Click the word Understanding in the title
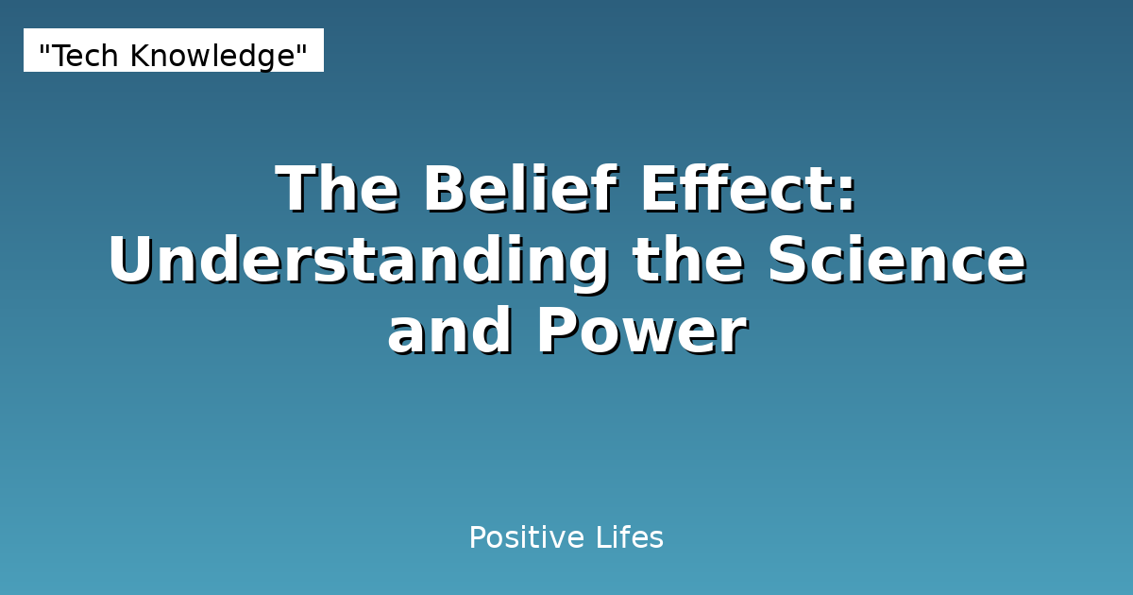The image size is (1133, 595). tap(358, 262)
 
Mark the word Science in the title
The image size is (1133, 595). tap(896, 262)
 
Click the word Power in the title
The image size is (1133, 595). tap(642, 332)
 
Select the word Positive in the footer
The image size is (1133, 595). tap(522, 538)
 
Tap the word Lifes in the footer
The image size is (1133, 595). tap(629, 538)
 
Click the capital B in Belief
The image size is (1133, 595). tap(444, 190)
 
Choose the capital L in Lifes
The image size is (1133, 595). tap(600, 538)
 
